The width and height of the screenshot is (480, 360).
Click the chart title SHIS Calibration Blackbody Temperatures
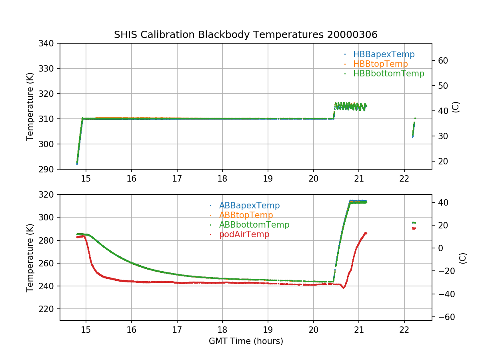(x=246, y=35)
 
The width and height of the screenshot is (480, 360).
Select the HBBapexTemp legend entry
(x=384, y=54)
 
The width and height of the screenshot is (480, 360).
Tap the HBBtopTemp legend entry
(x=380, y=64)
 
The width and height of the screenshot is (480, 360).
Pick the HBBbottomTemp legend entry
(x=388, y=74)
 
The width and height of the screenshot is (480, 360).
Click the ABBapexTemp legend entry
(x=249, y=206)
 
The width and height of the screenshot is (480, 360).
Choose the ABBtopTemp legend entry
(x=246, y=215)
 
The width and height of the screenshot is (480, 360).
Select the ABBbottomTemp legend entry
(x=254, y=225)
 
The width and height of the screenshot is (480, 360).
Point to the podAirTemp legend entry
(x=244, y=234)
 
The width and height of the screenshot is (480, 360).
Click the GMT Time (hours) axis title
(x=246, y=341)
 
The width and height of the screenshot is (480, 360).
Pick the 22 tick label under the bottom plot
(x=404, y=330)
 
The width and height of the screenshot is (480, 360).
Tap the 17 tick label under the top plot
(x=177, y=178)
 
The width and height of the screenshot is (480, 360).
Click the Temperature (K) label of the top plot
(x=30, y=106)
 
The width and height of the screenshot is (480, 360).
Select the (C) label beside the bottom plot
(x=463, y=258)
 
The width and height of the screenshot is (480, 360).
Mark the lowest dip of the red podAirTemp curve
(x=343, y=288)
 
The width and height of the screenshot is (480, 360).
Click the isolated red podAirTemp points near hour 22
(x=414, y=228)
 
